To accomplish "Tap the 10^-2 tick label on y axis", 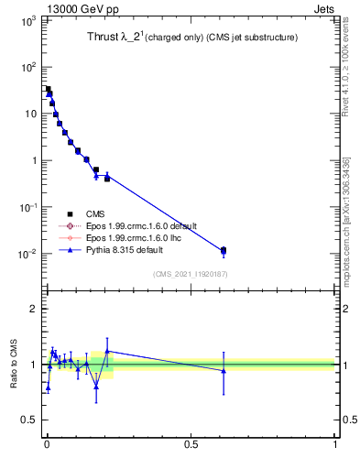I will [x=29, y=254].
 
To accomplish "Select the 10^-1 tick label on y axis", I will [x=29, y=207].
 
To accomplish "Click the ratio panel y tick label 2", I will [x=33, y=309].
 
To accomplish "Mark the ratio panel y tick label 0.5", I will [x=29, y=420].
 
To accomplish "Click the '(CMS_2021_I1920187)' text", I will [x=189, y=274].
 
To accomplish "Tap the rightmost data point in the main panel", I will [x=224, y=250].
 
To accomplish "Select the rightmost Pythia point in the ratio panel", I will [x=224, y=370].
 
